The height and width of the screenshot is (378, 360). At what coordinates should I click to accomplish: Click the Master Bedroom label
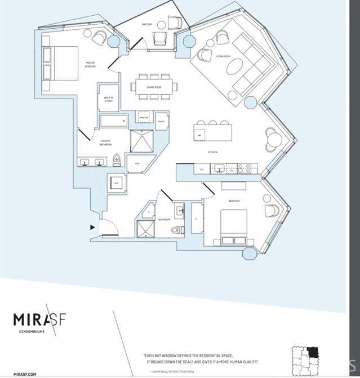pyautogui.click(x=90, y=64)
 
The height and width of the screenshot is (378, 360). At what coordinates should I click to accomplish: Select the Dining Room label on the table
pyautogui.click(x=154, y=87)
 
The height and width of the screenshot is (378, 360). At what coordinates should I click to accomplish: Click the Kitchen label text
pyautogui.click(x=212, y=152)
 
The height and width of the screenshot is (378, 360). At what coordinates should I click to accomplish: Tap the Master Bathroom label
pyautogui.click(x=105, y=143)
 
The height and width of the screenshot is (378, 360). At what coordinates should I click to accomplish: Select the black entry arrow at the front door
pyautogui.click(x=92, y=228)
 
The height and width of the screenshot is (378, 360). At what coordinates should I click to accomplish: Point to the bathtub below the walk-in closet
pyautogui.click(x=114, y=120)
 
